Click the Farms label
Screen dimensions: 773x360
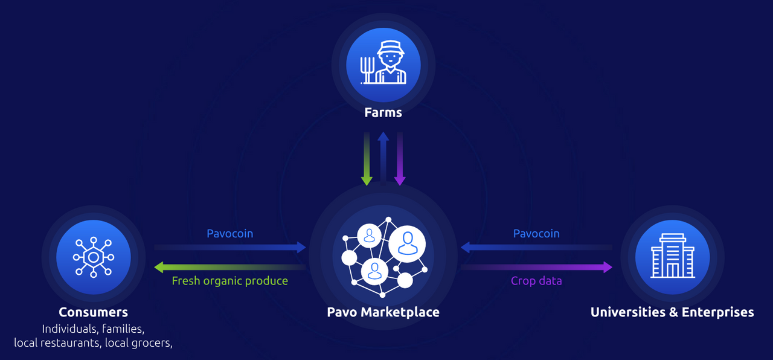click(383, 112)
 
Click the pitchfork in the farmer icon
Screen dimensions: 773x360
click(367, 70)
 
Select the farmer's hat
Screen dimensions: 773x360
click(391, 47)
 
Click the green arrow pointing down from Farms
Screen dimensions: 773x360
click(367, 159)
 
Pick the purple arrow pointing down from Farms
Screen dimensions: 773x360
click(400, 159)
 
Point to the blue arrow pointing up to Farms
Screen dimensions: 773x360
click(383, 157)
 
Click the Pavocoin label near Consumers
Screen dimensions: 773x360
click(230, 234)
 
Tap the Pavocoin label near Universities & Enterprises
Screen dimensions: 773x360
click(536, 234)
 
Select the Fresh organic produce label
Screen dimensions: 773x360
click(230, 281)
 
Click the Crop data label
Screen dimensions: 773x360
click(536, 281)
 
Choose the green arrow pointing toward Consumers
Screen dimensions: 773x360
click(230, 267)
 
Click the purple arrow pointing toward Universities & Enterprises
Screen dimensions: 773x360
click(536, 267)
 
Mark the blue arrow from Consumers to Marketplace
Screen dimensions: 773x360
click(230, 248)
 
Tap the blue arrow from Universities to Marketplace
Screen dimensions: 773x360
click(536, 248)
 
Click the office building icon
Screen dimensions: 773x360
click(673, 256)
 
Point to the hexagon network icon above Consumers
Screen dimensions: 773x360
click(94, 257)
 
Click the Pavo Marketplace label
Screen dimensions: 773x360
click(383, 312)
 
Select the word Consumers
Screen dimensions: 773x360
click(93, 312)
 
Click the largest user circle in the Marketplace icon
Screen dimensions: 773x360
click(407, 244)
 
